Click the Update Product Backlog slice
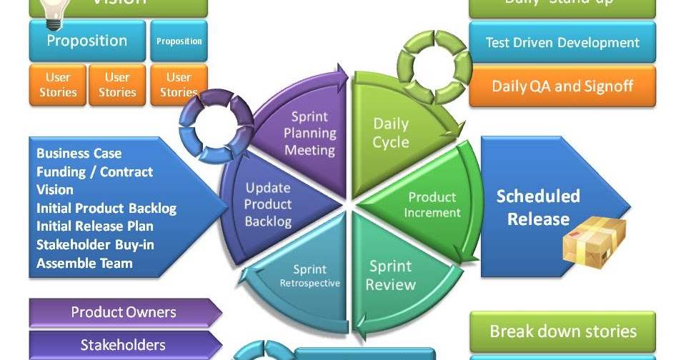tap(269, 204)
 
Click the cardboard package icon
tap(593, 241)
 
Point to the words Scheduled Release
tap(537, 207)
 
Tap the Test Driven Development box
tap(562, 43)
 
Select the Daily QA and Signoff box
tap(562, 86)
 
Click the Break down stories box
tap(562, 331)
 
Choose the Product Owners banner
tap(123, 312)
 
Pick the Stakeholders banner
tap(123, 345)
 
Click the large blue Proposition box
tap(87, 41)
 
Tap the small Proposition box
tap(179, 41)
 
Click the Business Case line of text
tap(79, 153)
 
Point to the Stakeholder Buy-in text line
tap(95, 245)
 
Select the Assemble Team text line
tap(84, 263)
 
